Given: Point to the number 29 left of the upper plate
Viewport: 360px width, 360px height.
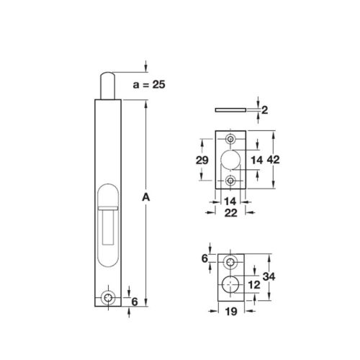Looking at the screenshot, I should (202, 159).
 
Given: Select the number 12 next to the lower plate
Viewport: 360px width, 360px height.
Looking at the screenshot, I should (253, 284).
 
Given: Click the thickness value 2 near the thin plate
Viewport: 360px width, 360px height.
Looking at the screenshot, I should (265, 110).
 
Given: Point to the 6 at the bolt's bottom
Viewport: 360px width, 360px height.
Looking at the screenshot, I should (135, 302).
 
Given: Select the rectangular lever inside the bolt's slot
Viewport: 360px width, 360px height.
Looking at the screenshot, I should (109, 223).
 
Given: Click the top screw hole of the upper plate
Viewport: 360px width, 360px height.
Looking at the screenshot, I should (230, 138).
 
